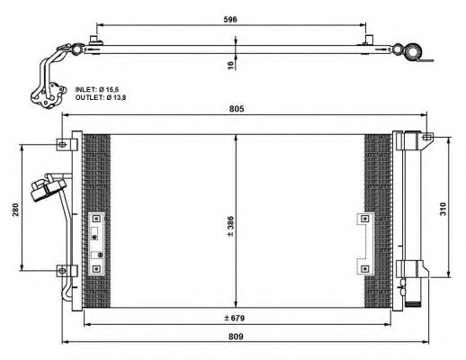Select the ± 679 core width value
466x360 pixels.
236,318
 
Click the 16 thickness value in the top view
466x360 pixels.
230,65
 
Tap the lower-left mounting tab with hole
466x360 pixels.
62,269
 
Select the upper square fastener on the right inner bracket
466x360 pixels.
363,218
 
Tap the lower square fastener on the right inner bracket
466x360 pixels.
363,267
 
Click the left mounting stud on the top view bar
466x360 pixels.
94,40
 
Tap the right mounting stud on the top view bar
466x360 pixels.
369,40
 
